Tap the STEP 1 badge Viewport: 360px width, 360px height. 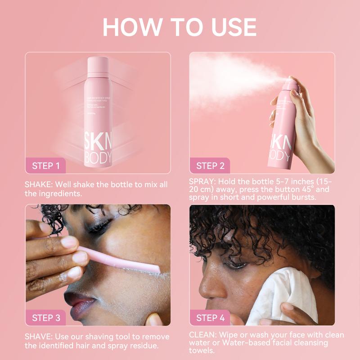tap(45, 166)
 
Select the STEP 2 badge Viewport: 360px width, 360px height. tap(210, 166)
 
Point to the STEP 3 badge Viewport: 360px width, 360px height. tap(45, 318)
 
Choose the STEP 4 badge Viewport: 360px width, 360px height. tap(210, 318)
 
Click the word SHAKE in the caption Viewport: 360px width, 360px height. tap(37, 185)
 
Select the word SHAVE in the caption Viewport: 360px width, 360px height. tap(37, 337)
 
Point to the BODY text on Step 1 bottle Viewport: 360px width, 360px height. tap(98, 157)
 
